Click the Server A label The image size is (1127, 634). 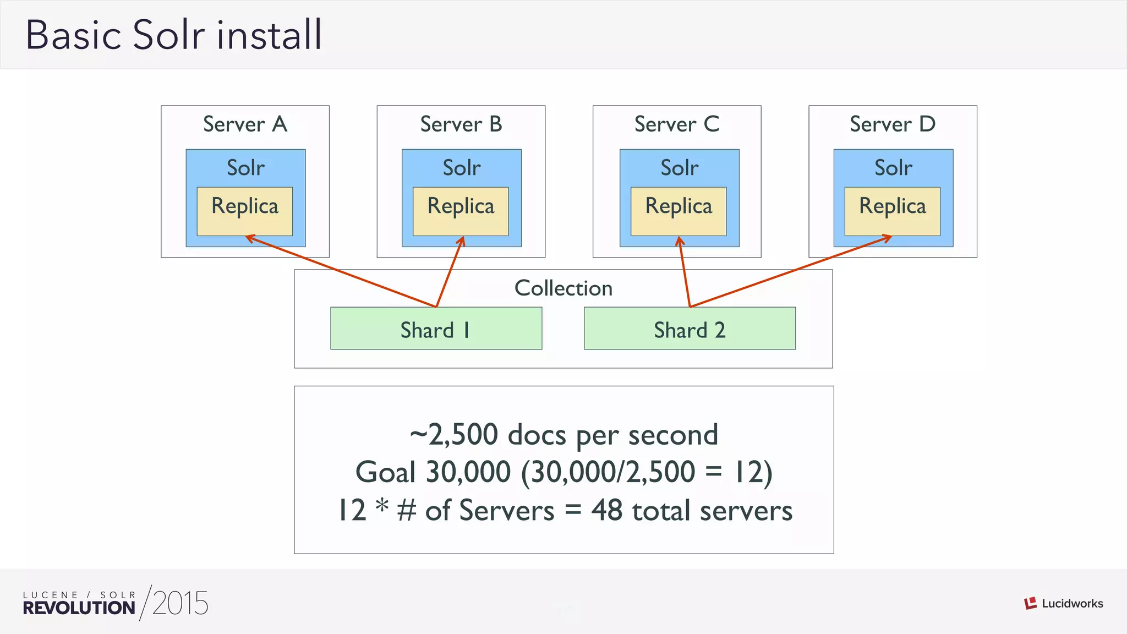245,124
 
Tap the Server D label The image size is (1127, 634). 893,124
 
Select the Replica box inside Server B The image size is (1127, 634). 461,211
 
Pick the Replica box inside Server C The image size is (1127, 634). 679,211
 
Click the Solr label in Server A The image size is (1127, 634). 245,168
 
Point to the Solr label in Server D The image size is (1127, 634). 893,168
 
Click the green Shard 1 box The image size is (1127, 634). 436,329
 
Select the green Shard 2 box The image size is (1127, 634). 690,329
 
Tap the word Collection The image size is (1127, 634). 563,288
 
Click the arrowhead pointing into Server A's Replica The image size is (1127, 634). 249,238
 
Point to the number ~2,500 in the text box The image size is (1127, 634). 454,435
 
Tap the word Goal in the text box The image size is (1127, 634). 385,472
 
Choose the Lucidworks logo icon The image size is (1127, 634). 1030,603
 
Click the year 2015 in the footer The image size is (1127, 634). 180,603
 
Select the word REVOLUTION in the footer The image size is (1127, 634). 79,608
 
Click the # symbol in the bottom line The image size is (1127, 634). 407,510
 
